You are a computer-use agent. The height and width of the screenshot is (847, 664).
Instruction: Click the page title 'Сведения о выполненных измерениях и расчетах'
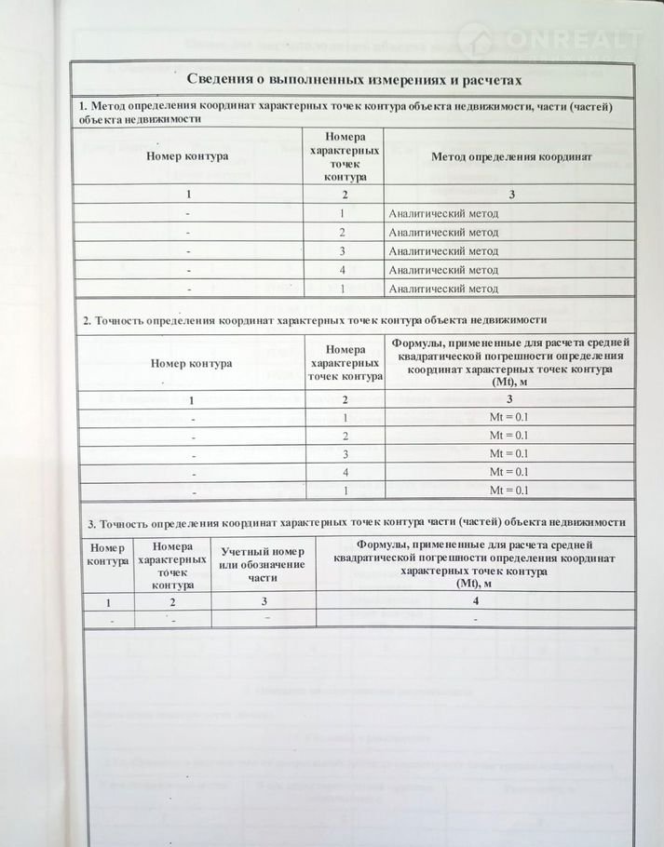point(353,77)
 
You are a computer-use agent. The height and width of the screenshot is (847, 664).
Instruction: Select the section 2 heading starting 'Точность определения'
point(314,320)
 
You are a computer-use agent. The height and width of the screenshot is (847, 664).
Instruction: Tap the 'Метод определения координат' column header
point(510,156)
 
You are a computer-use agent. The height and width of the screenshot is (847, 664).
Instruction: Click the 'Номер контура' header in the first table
point(190,156)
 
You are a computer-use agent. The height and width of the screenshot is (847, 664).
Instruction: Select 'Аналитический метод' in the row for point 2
point(443,232)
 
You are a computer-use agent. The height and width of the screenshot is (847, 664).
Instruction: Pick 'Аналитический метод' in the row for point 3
point(443,251)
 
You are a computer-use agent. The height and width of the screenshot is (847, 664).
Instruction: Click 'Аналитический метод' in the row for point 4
point(443,270)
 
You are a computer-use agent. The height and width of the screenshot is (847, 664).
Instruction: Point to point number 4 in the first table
point(342,270)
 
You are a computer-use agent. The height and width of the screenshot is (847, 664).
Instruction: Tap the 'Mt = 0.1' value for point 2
point(508,436)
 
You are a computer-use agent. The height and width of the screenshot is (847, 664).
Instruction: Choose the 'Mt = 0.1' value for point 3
point(508,454)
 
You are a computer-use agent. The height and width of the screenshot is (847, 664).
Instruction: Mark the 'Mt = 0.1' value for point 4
point(508,473)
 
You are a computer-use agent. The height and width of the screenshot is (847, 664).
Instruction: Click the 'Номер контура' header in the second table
point(191,364)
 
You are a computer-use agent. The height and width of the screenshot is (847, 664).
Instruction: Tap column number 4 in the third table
point(478,601)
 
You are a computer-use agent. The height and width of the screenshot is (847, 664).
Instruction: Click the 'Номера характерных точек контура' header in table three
point(172,565)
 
